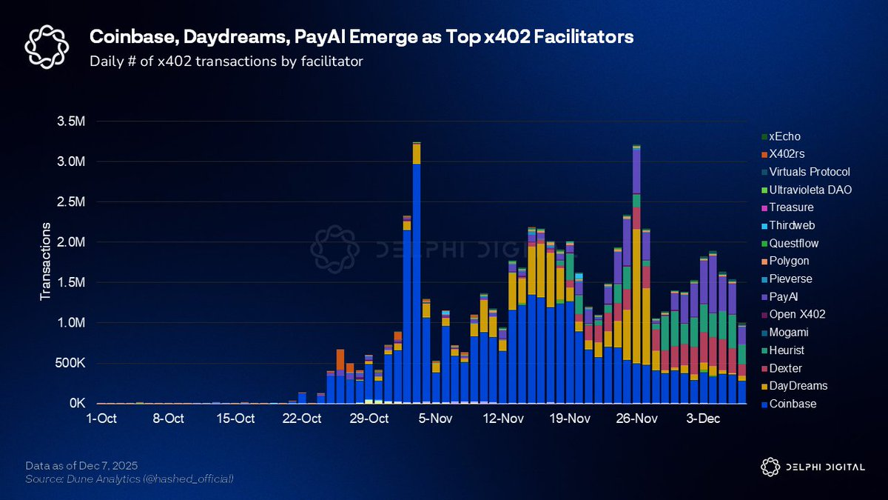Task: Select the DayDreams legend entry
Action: [798, 386]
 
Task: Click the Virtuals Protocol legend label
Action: [810, 172]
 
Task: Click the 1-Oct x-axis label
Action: [102, 419]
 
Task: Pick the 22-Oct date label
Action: [303, 419]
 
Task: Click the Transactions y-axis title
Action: [45, 261]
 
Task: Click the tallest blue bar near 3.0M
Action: [417, 281]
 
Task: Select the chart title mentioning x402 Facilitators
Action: [361, 37]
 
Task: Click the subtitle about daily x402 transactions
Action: [226, 61]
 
